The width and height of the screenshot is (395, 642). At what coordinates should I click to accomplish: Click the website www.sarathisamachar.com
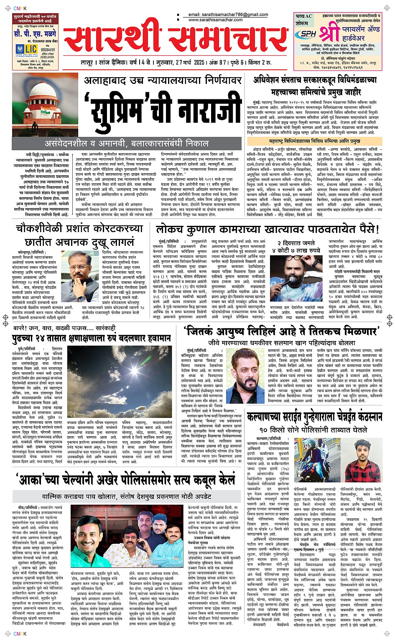tap(215, 20)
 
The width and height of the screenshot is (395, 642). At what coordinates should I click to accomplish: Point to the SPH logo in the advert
tap(308, 34)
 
